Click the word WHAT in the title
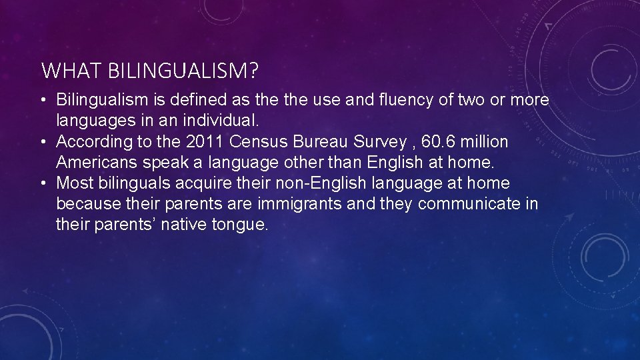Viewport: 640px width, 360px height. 61,69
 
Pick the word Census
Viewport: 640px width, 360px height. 255,142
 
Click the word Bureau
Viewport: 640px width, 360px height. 315,142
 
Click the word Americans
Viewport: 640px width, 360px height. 97,163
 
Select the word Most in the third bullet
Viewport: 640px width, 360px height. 73,183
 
